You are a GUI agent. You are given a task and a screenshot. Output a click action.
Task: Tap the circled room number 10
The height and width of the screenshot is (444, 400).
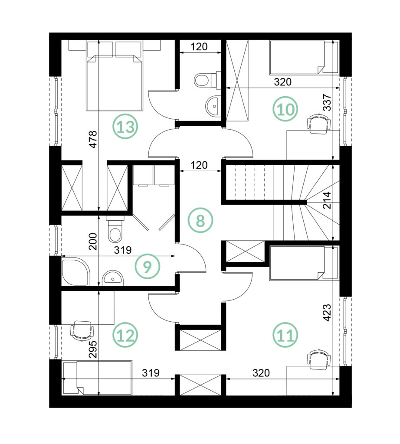pyautogui.click(x=285, y=109)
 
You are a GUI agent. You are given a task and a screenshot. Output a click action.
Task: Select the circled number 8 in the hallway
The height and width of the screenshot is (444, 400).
pyautogui.click(x=200, y=220)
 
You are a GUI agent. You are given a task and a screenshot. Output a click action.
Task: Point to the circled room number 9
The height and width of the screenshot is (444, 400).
pyautogui.click(x=148, y=266)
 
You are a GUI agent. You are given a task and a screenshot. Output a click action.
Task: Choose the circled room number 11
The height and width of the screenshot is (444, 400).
pyautogui.click(x=285, y=335)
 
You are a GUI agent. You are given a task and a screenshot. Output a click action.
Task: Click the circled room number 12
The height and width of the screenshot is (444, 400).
pyautogui.click(x=125, y=336)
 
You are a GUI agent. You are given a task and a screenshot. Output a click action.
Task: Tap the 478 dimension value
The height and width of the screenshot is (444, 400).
pyautogui.click(x=93, y=139)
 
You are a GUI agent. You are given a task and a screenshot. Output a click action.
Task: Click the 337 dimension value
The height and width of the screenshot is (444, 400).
pyautogui.click(x=327, y=102)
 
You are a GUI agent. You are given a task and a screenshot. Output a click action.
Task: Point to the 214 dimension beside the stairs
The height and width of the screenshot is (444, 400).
pyautogui.click(x=327, y=200)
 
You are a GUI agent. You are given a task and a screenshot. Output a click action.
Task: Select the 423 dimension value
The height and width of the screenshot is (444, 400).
pyautogui.click(x=327, y=312)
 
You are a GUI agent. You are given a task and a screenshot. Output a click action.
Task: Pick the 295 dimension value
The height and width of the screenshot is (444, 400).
pyautogui.click(x=93, y=349)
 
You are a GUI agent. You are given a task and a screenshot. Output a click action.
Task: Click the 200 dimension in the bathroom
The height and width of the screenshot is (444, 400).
pyautogui.click(x=93, y=241)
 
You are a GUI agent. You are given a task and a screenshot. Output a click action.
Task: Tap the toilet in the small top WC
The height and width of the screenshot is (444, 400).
pyautogui.click(x=206, y=80)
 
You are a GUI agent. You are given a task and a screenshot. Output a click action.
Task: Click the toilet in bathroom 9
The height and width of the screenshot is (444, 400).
pyautogui.click(x=115, y=229)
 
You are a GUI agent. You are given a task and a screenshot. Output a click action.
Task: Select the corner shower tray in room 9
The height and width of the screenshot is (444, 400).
pyautogui.click(x=75, y=271)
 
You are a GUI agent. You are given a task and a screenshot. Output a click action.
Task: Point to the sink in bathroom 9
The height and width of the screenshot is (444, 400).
pyautogui.click(x=113, y=278)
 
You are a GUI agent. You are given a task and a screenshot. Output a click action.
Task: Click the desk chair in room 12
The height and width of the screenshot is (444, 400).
pyautogui.click(x=82, y=330)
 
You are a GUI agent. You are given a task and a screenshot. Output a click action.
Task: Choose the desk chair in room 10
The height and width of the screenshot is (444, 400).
pyautogui.click(x=319, y=124)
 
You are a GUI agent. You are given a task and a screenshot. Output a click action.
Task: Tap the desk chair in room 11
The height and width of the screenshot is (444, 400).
pyautogui.click(x=319, y=359)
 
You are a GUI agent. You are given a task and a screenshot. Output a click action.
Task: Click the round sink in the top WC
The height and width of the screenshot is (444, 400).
pyautogui.click(x=213, y=106)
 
